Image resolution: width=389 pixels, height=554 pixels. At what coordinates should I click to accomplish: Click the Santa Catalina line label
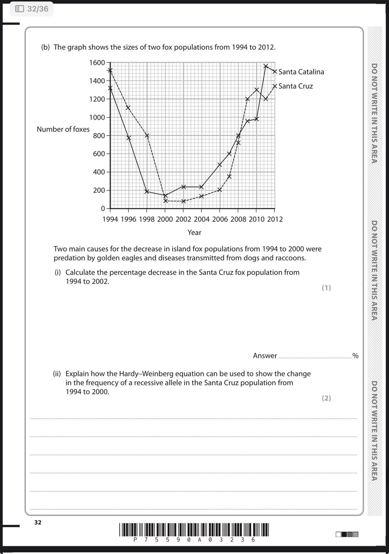tap(301, 72)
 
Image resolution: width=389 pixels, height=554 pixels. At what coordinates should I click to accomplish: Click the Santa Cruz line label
tap(295, 86)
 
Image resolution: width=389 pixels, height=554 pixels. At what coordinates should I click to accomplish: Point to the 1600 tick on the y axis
tap(97, 63)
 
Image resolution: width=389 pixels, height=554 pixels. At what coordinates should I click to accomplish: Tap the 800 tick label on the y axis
tap(99, 136)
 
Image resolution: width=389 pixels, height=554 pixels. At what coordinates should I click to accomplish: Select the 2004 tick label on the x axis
tap(201, 219)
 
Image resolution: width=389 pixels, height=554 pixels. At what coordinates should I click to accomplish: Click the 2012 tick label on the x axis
tap(275, 219)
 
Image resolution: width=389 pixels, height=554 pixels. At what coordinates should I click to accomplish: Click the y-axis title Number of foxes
tap(63, 129)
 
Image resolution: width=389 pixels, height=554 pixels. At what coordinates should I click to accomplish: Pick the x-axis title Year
tap(194, 232)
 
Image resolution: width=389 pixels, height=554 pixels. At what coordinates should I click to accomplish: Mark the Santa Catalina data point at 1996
tap(129, 138)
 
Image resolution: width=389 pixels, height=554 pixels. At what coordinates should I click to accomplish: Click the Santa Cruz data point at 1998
tap(147, 136)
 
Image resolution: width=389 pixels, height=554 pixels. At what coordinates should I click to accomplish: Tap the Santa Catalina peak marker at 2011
tap(265, 66)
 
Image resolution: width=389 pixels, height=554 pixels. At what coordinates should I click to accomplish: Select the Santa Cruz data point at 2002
tap(183, 201)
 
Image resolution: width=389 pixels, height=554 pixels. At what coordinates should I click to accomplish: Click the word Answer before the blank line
tap(265, 356)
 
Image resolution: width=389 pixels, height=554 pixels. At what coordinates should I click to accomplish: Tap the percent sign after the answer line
tap(356, 356)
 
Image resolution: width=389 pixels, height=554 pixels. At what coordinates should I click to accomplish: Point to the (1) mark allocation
tap(326, 288)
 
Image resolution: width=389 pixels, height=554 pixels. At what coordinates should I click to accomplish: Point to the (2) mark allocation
tap(326, 398)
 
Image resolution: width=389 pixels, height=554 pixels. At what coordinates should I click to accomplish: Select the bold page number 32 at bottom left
tap(38, 522)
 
